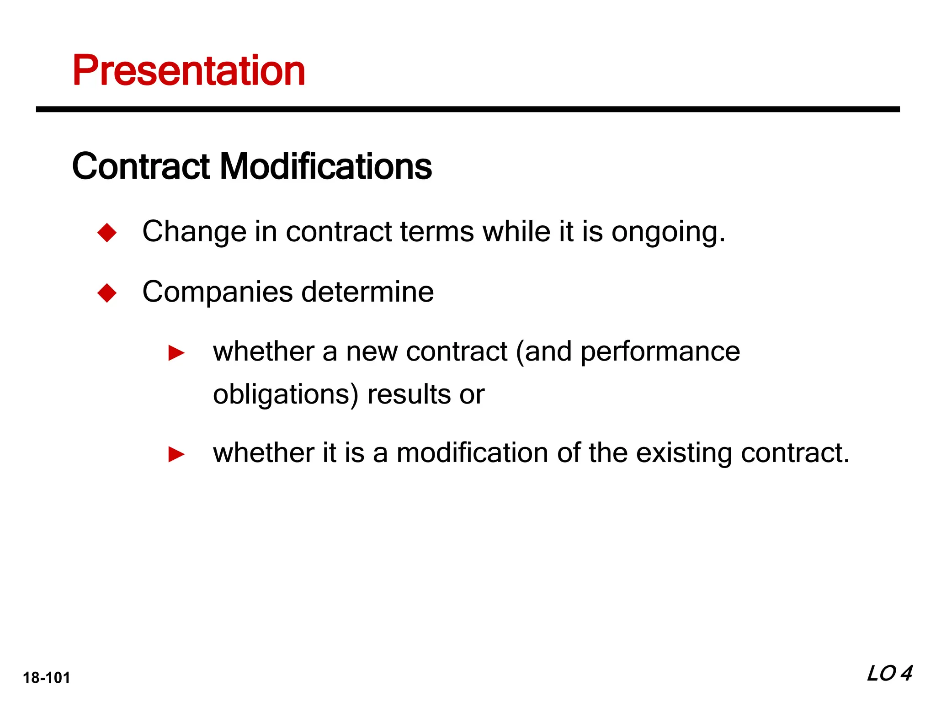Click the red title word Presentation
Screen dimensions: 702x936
189,70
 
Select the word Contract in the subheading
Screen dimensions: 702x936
141,166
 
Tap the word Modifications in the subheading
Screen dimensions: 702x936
326,166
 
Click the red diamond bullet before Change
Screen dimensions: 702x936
107,232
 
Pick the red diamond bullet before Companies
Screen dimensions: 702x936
107,292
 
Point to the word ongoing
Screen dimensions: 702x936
668,232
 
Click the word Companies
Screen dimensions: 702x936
217,292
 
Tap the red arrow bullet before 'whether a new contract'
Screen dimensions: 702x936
176,353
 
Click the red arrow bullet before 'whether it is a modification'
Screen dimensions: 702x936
176,454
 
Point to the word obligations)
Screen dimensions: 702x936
286,395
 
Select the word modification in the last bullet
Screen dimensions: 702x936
473,453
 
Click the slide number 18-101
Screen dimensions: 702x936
47,677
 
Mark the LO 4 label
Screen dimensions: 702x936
889,674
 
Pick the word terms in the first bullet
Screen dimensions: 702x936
437,232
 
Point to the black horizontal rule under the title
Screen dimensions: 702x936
468,109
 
